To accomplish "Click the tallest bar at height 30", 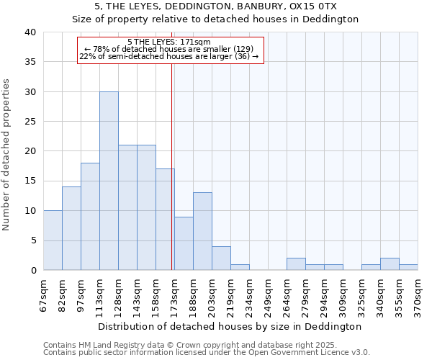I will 109,181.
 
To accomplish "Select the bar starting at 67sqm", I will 53,240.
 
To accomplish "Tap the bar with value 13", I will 202,231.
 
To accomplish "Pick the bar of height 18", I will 90,216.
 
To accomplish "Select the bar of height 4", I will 221,258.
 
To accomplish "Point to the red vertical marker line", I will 172,166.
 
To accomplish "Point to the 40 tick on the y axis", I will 30,32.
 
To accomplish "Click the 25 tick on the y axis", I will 30,122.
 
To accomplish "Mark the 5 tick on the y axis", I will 33,240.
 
